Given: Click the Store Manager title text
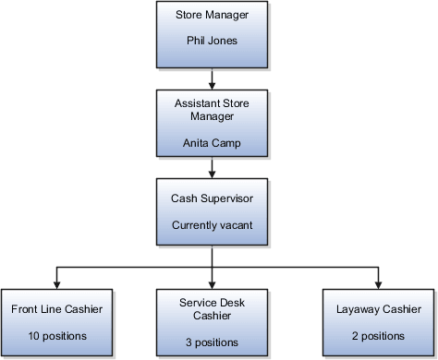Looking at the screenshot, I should point(213,15).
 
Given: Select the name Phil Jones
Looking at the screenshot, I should point(213,41).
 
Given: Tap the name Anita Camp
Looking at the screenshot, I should point(213,142).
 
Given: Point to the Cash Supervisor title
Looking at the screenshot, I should point(213,198).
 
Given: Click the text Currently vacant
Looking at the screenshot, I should point(213,224).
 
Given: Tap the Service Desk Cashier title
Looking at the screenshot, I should point(213,308).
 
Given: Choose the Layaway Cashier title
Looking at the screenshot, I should point(377,308).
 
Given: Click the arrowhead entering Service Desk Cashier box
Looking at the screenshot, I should point(213,282).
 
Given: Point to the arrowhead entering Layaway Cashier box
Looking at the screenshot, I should point(377,282).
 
